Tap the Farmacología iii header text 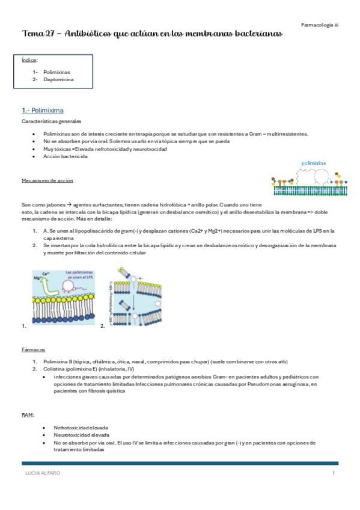click(320, 25)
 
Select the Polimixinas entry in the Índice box click(57, 72)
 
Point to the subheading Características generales click(50, 122)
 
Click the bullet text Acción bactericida click(65, 156)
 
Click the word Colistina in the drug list click(55, 369)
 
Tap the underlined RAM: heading click(28, 414)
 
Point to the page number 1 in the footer click(333, 474)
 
